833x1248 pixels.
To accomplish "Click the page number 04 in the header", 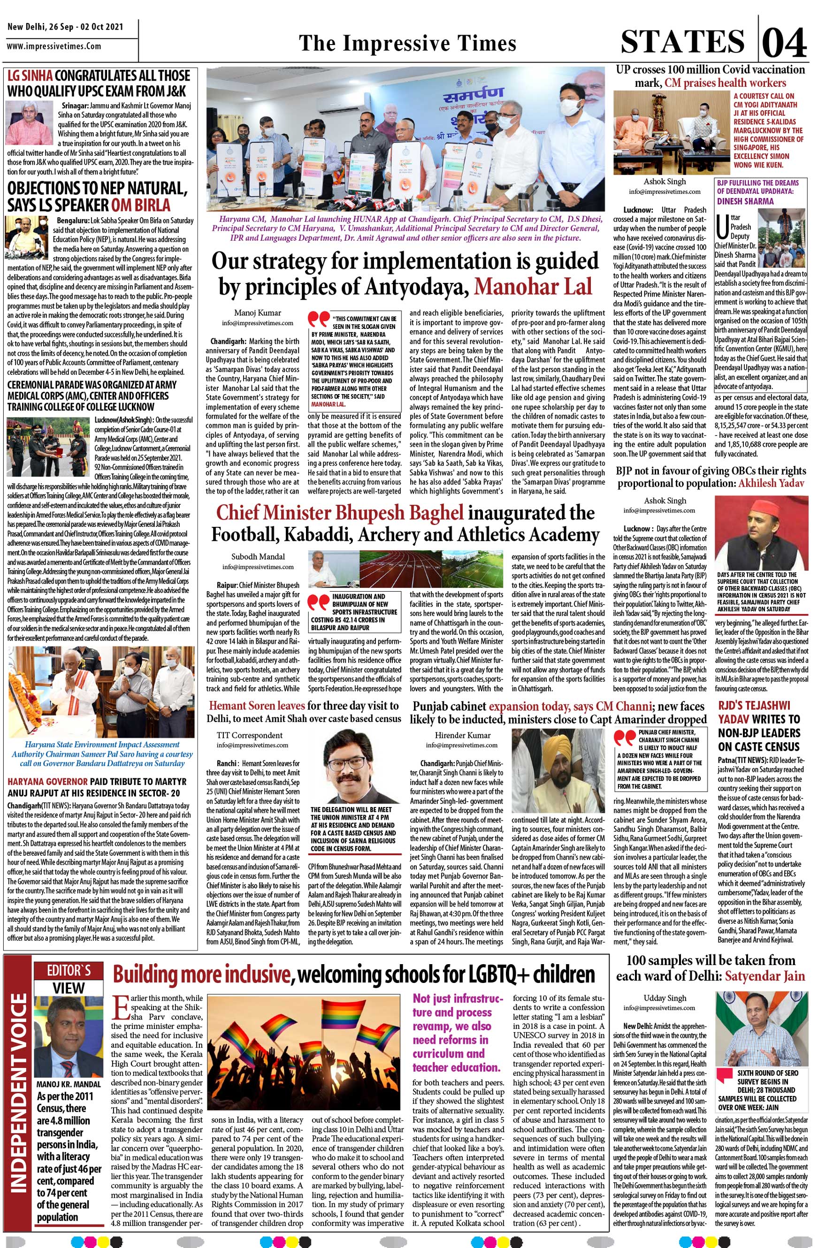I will [x=785, y=43].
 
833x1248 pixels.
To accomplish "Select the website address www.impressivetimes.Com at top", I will [x=53, y=46].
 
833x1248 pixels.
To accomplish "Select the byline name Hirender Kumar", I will [x=463, y=735].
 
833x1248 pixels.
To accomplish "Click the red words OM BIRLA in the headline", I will [x=141, y=205].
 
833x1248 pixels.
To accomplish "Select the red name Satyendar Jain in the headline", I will [x=765, y=975].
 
